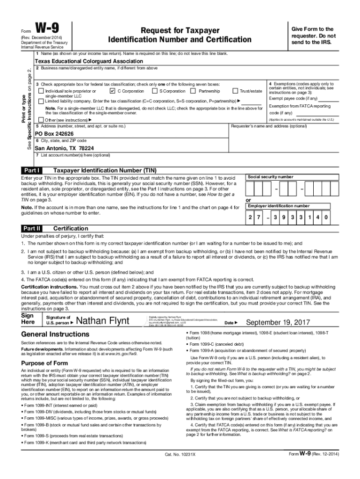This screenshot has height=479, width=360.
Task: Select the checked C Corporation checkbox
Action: point(111,91)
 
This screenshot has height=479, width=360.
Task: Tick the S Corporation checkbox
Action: point(154,91)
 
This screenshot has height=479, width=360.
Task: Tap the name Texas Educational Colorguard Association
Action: point(89,61)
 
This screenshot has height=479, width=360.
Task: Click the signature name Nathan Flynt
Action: point(107,321)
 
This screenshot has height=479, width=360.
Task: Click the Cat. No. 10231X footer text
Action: point(180,467)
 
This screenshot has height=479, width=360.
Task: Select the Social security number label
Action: point(270,177)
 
